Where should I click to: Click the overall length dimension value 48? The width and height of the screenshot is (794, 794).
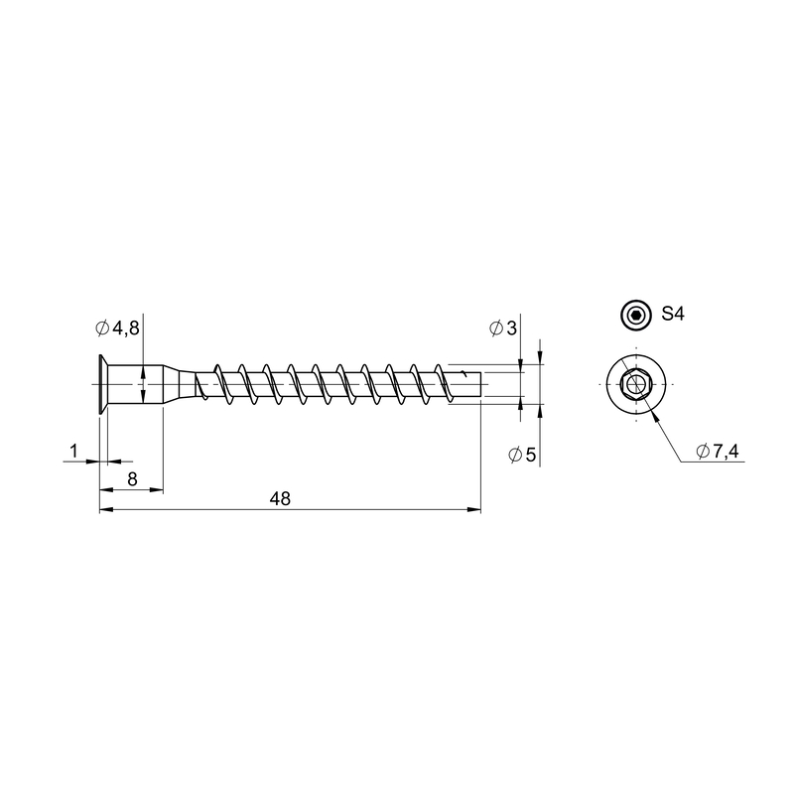pyautogui.click(x=280, y=499)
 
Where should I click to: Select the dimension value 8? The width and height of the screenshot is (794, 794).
pyautogui.click(x=132, y=479)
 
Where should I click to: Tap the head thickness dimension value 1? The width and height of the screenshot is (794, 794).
pyautogui.click(x=73, y=451)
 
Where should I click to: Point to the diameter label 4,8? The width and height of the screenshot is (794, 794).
pyautogui.click(x=126, y=329)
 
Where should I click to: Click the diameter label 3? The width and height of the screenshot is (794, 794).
pyautogui.click(x=511, y=329)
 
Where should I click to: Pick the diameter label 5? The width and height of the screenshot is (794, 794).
pyautogui.click(x=530, y=455)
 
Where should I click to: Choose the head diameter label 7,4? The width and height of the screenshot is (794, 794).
pyautogui.click(x=726, y=451)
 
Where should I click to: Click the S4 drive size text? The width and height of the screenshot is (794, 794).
pyautogui.click(x=673, y=314)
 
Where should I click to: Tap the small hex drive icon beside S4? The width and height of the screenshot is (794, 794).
pyautogui.click(x=635, y=316)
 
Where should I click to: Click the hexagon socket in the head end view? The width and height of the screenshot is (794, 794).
pyautogui.click(x=635, y=384)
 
